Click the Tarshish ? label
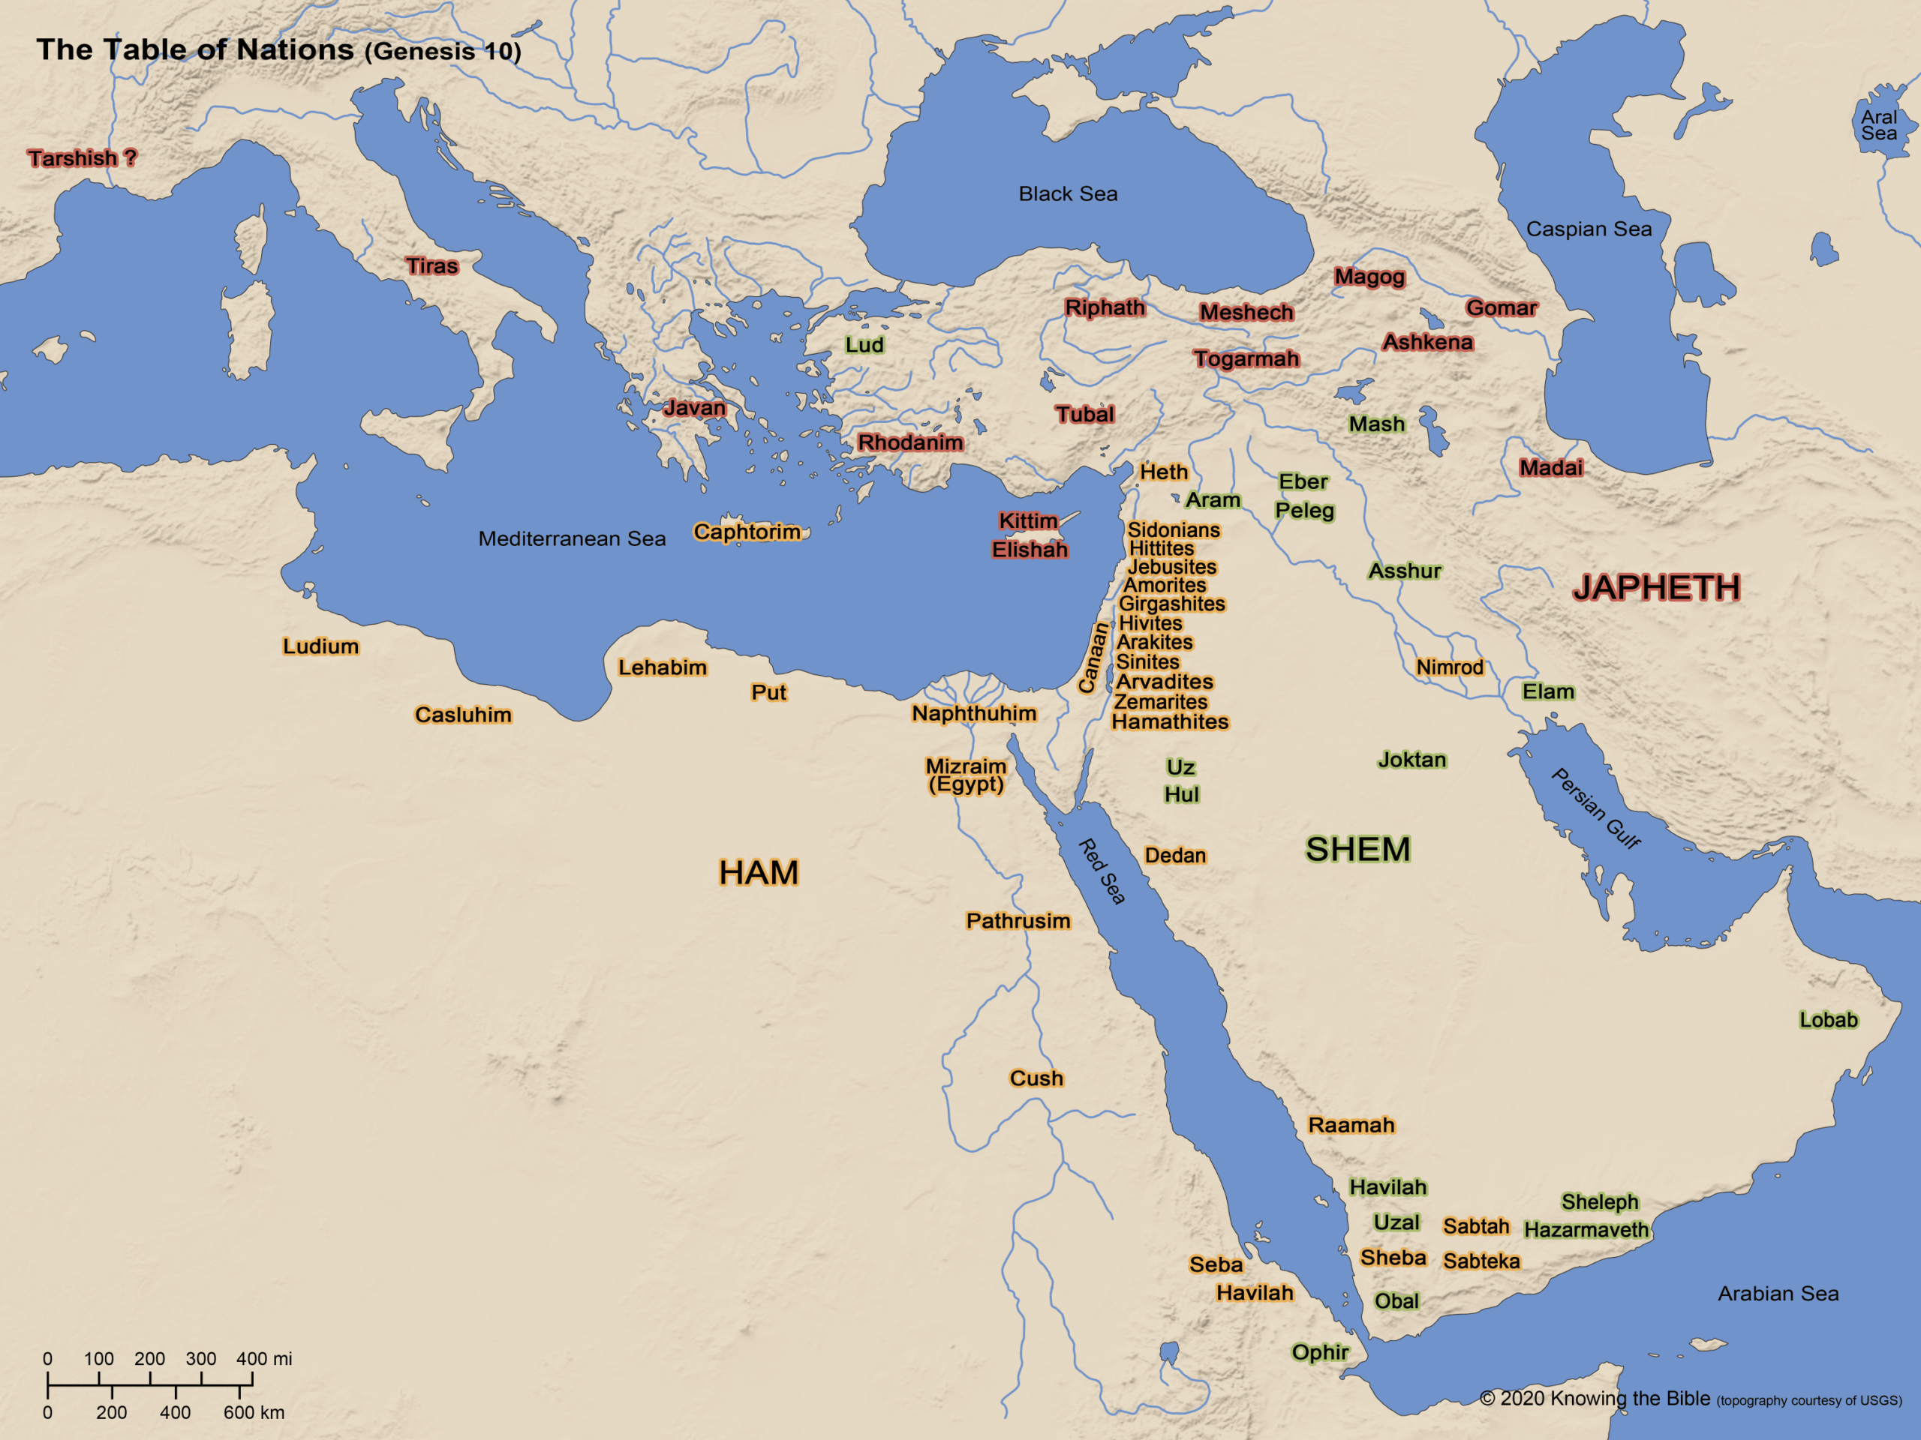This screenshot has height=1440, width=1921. [x=82, y=158]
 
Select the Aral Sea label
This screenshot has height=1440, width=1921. [x=1878, y=125]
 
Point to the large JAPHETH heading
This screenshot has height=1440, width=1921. [x=1656, y=588]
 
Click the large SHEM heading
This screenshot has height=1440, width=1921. [x=1357, y=849]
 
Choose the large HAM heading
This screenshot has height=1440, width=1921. [x=758, y=872]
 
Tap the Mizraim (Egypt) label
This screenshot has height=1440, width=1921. [x=966, y=775]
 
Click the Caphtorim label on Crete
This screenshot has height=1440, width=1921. [x=747, y=531]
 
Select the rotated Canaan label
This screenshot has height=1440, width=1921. [x=1093, y=658]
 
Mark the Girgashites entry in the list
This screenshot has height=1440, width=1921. [x=1171, y=603]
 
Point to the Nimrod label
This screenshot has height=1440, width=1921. [x=1450, y=667]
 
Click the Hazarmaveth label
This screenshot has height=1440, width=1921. [x=1586, y=1229]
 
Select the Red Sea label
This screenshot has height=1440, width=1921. [x=1101, y=871]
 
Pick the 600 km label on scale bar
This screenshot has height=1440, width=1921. [x=254, y=1412]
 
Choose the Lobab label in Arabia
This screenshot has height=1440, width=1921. [x=1828, y=1020]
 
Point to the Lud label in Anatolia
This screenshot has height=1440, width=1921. [x=864, y=344]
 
